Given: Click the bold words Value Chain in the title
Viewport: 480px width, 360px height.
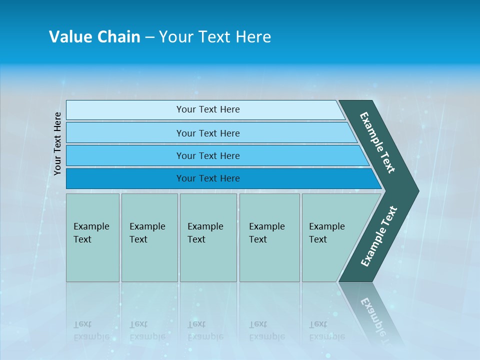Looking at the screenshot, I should [x=94, y=37].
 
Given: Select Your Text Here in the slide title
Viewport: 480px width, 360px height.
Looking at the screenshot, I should [x=215, y=37].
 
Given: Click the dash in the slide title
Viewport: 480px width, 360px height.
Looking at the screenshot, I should [x=149, y=37].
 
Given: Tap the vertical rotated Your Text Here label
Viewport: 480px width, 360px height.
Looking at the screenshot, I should [x=57, y=143].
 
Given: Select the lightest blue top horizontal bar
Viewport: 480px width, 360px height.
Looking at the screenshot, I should [x=207, y=109].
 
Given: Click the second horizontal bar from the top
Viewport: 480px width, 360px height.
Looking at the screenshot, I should [x=207, y=133].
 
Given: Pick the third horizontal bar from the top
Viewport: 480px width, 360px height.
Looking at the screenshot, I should [x=207, y=155].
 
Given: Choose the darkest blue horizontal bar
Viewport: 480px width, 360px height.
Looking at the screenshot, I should [x=207, y=178].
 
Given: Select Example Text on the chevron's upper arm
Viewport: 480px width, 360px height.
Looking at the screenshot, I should [x=377, y=142].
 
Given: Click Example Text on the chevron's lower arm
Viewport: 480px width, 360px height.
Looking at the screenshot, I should [x=379, y=236].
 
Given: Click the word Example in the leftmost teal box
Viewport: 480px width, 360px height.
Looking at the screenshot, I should [x=91, y=226].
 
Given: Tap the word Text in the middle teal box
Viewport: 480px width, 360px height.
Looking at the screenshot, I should [x=196, y=239].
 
